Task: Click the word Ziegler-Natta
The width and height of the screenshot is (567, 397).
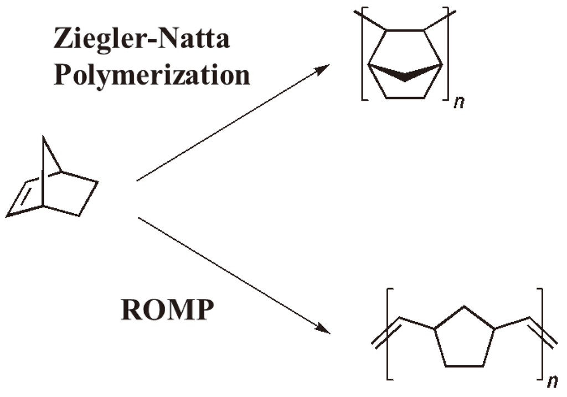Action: [x=141, y=40]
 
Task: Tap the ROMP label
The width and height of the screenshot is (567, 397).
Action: [x=166, y=311]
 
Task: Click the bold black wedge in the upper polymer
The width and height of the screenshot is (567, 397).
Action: [x=405, y=72]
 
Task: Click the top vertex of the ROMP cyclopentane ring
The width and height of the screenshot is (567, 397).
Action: [x=464, y=307]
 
